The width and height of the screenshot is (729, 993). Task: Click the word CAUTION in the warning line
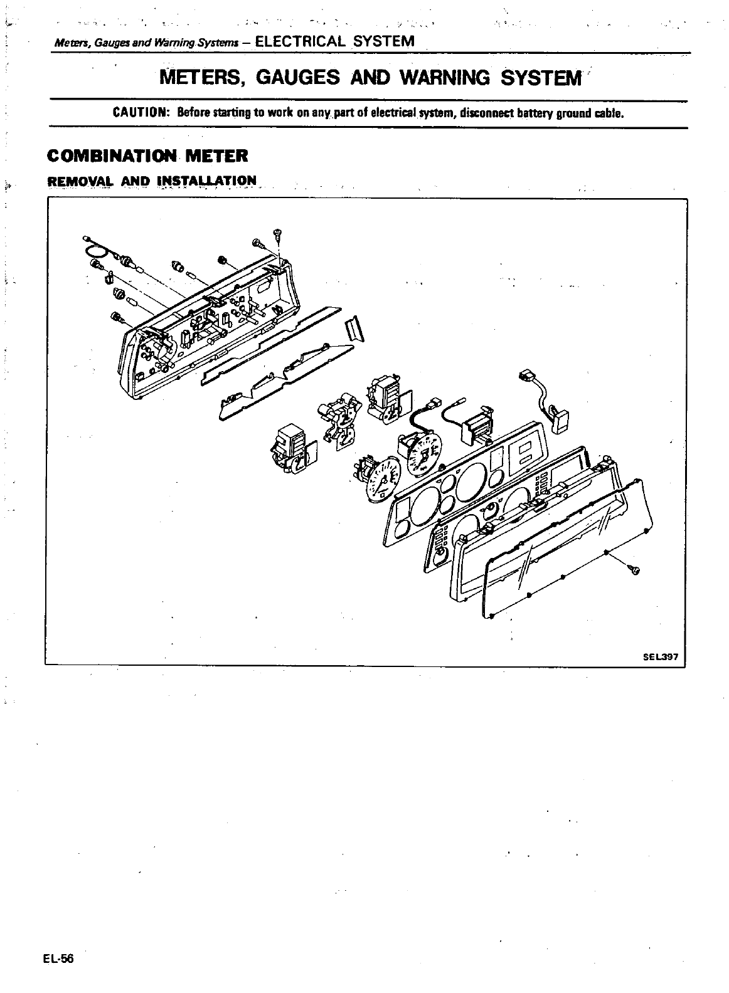pyautogui.click(x=139, y=113)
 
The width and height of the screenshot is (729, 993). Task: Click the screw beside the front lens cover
pyautogui.click(x=634, y=569)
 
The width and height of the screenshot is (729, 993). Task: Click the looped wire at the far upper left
pyautogui.click(x=95, y=250)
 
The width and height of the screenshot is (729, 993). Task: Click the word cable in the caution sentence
pyautogui.click(x=608, y=113)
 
